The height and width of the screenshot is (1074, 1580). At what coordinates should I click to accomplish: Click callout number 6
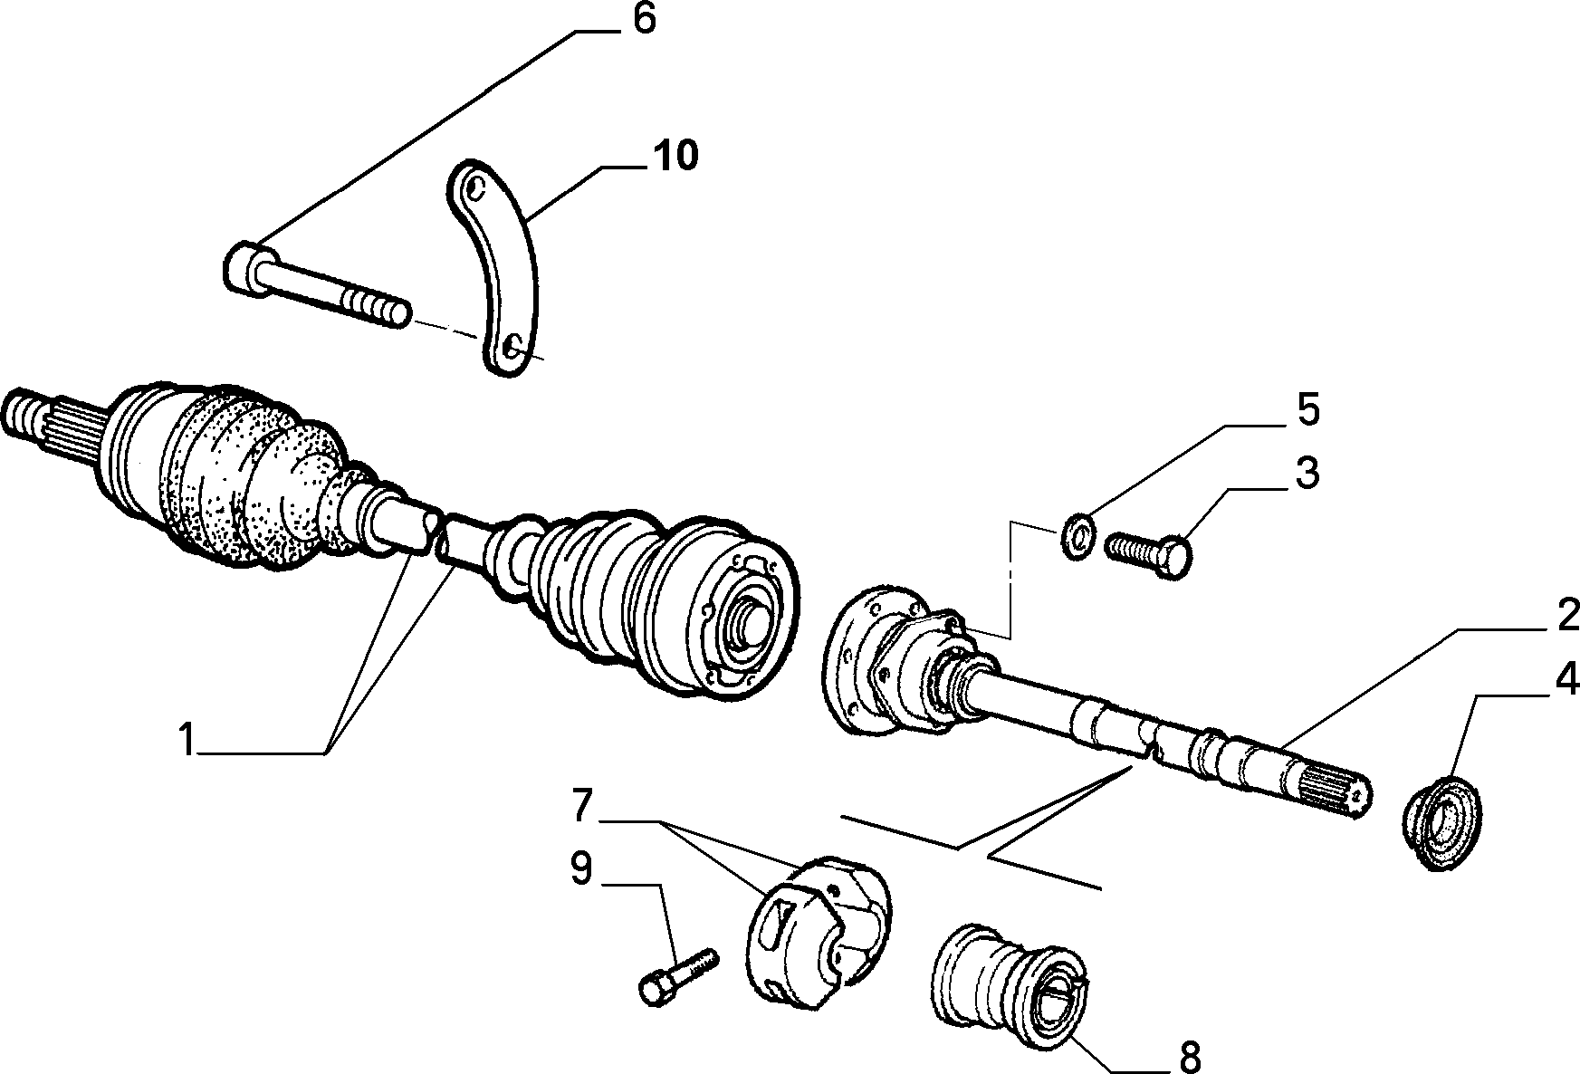tap(644, 20)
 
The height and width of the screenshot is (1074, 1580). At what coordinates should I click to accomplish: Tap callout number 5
tap(1307, 411)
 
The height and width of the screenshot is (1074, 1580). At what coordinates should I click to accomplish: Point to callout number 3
tap(1306, 474)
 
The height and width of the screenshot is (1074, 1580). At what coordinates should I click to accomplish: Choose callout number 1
tap(187, 740)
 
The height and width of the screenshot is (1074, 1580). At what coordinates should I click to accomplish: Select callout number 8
tap(1190, 1055)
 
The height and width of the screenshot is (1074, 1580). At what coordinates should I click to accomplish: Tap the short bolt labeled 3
tap(1148, 551)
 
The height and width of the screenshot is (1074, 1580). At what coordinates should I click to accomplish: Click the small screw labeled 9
tap(679, 973)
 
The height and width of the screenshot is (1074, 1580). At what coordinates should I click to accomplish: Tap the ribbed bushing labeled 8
tap(1009, 983)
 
